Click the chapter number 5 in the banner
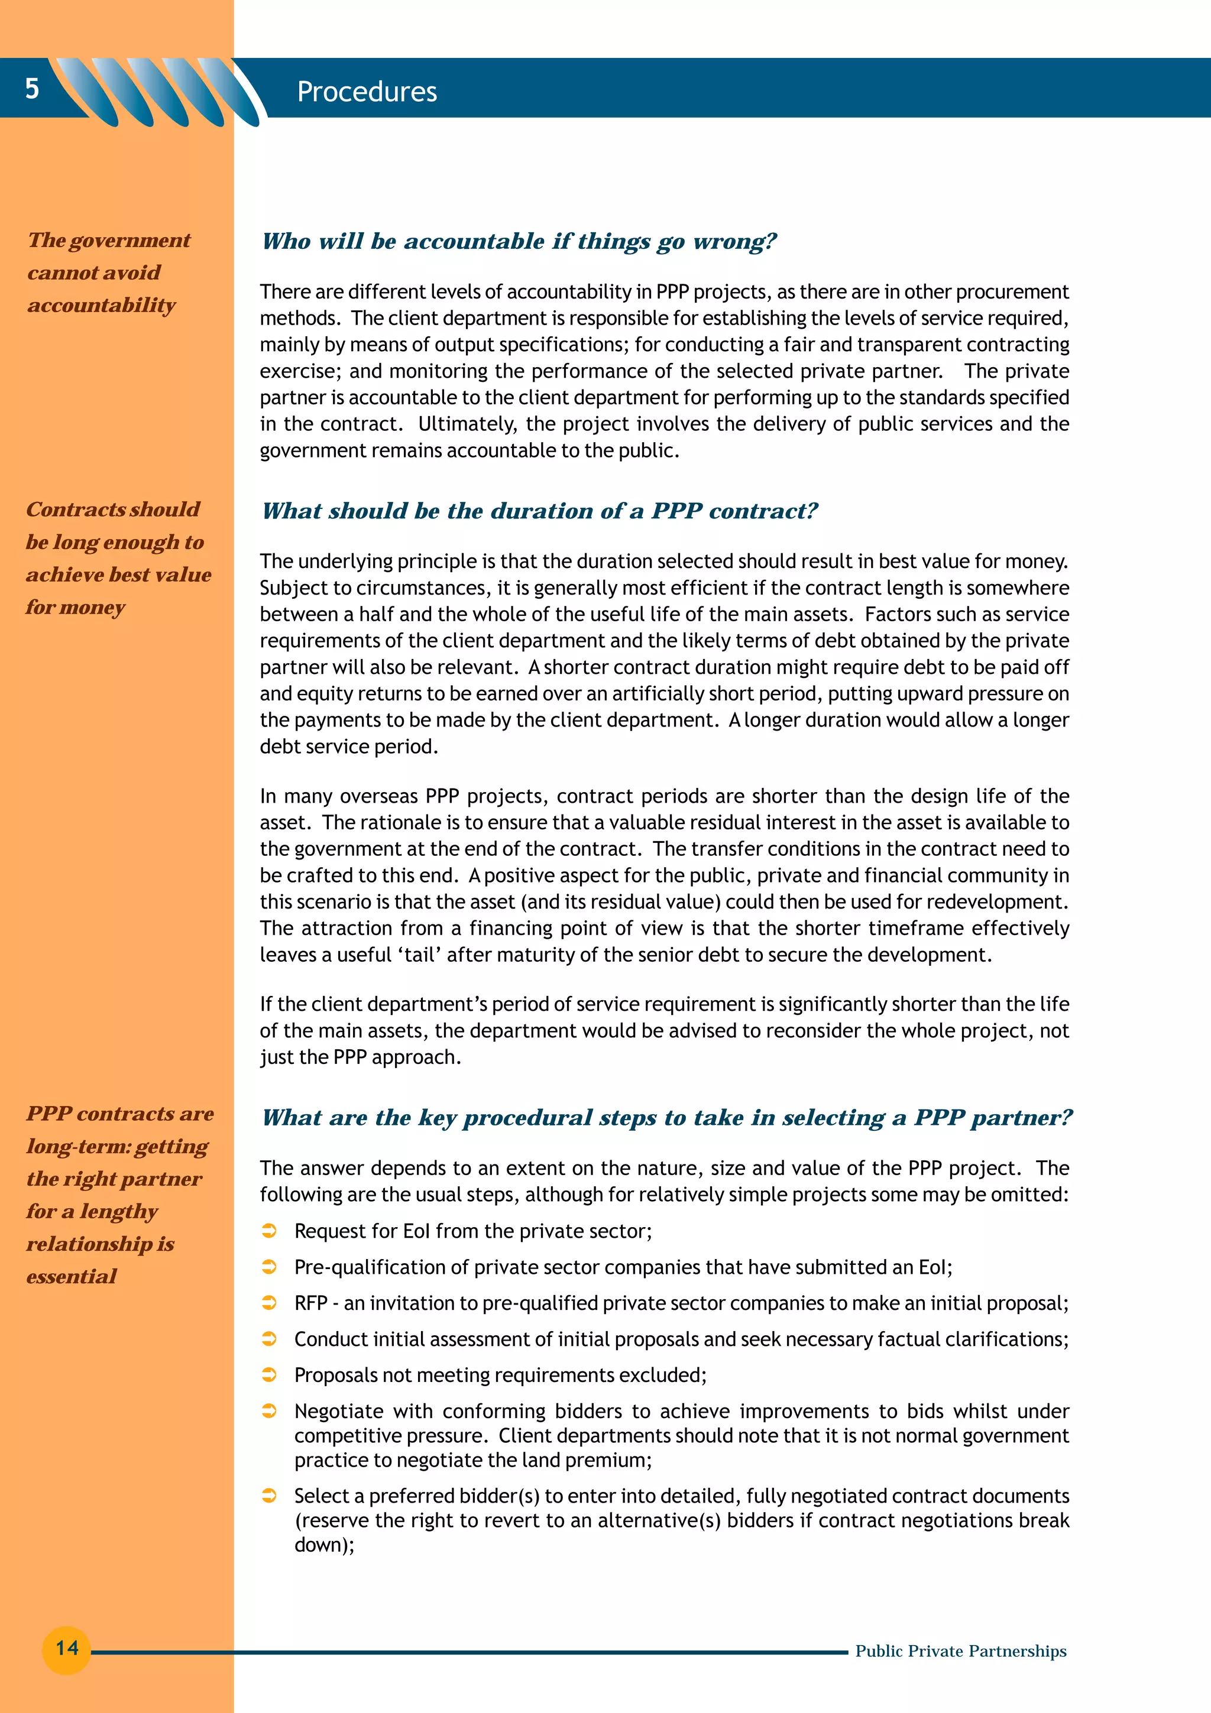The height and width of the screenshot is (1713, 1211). [x=31, y=89]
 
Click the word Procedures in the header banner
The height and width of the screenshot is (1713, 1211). [x=367, y=92]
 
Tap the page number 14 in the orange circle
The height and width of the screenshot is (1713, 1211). [x=66, y=1648]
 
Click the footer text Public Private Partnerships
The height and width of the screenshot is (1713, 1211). [x=960, y=1651]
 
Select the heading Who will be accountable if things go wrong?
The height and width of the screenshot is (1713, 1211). [x=519, y=241]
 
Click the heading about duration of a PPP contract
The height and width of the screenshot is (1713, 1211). [x=539, y=511]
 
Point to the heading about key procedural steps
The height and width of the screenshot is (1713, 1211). [x=666, y=1118]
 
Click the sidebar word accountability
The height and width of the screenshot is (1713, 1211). [x=102, y=305]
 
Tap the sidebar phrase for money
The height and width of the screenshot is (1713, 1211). [x=75, y=607]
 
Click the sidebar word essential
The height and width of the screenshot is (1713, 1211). [x=72, y=1277]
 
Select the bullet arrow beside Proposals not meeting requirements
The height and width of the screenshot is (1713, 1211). [x=270, y=1375]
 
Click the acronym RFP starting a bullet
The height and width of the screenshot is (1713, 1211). [x=310, y=1303]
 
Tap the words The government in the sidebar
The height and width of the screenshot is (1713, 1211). [x=109, y=240]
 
